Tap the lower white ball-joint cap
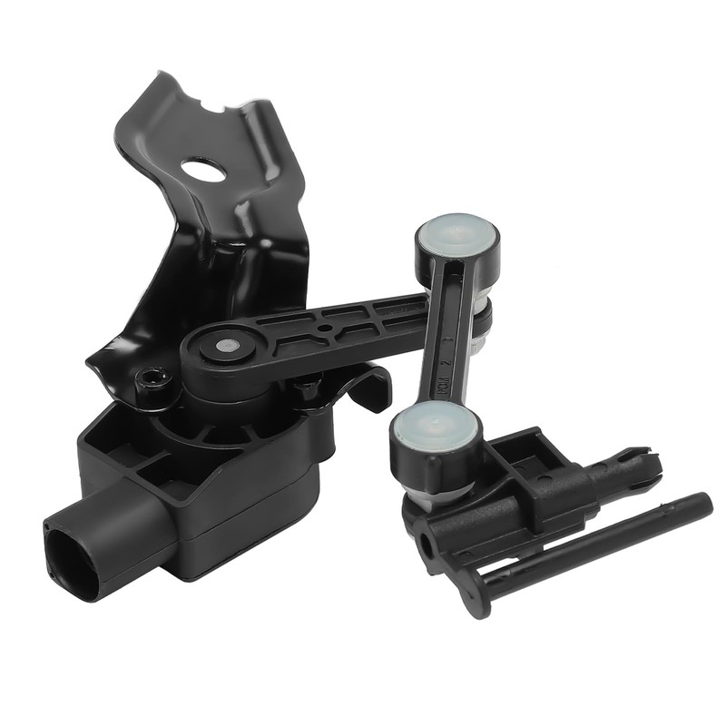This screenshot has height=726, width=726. coord(435,426)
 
